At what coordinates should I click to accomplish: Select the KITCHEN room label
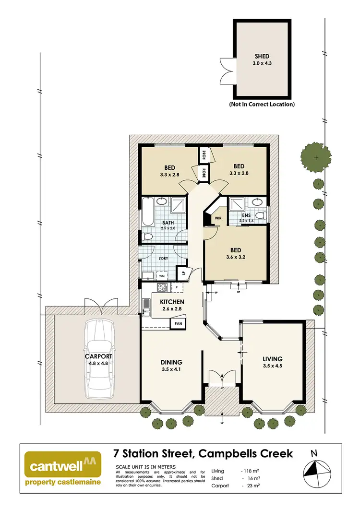pos(166,301)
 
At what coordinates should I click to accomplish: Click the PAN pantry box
pos(178,323)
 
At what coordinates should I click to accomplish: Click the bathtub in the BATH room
pos(147,214)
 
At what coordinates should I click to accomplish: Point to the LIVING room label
pos(272,358)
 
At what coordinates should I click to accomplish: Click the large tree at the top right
pos(316,157)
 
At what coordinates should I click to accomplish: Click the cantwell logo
pos(63,469)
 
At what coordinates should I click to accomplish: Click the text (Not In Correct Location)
pos(262,104)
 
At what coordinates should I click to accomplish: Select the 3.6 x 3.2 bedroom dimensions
pos(235,258)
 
